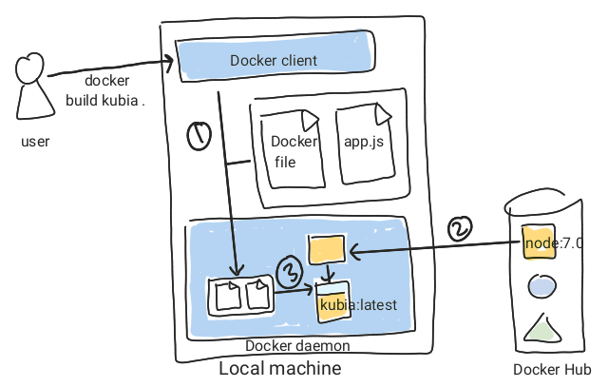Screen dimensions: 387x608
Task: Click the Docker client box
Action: click(x=274, y=60)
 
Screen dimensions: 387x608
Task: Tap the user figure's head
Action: click(x=29, y=68)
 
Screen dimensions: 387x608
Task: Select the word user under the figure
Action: click(x=34, y=142)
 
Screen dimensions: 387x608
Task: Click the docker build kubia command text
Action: click(x=104, y=89)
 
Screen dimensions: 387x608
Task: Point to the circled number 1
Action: click(x=198, y=138)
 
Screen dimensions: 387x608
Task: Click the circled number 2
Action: click(x=459, y=229)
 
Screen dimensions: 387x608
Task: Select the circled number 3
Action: click(x=288, y=271)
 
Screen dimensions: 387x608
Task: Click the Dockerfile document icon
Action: click(x=294, y=149)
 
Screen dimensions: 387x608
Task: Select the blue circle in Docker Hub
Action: click(x=542, y=284)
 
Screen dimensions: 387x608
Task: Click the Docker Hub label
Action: click(x=552, y=370)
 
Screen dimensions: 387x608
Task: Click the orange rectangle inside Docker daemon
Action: click(x=325, y=250)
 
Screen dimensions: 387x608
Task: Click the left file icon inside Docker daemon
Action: click(x=228, y=296)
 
